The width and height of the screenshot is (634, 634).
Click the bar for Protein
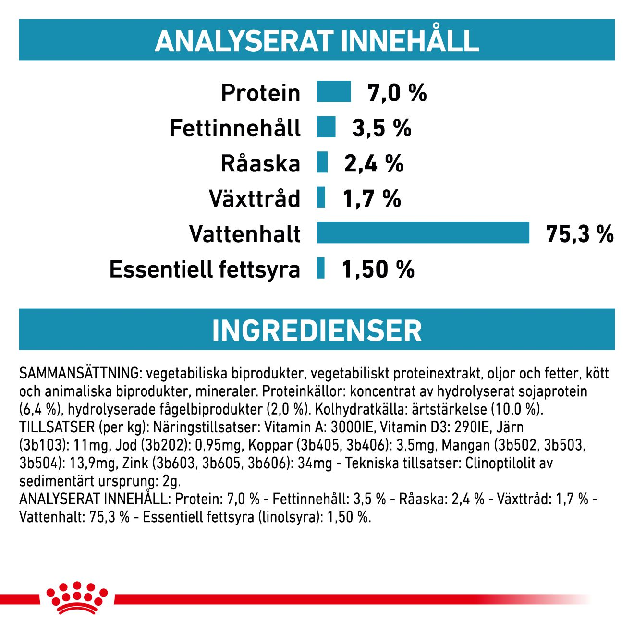pyautogui.click(x=334, y=92)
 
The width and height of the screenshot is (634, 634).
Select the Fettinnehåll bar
pyautogui.click(x=326, y=127)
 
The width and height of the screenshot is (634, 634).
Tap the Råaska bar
pyautogui.click(x=322, y=162)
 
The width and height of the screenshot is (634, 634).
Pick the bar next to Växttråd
pyautogui.click(x=321, y=198)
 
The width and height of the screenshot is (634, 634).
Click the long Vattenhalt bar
pyautogui.click(x=423, y=233)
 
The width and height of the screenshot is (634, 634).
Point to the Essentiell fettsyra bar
pyautogui.click(x=321, y=268)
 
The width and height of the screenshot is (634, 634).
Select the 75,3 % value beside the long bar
pyautogui.click(x=580, y=234)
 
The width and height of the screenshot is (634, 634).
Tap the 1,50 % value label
pyautogui.click(x=378, y=269)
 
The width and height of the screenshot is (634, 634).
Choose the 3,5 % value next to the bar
pyautogui.click(x=382, y=128)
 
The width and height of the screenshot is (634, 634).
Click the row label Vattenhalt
pyautogui.click(x=245, y=234)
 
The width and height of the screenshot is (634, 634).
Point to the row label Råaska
pyautogui.click(x=260, y=163)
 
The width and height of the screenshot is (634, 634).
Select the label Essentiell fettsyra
pyautogui.click(x=205, y=269)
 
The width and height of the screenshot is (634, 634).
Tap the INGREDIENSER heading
pyautogui.click(x=317, y=330)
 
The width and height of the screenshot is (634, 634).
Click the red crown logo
pyautogui.click(x=77, y=598)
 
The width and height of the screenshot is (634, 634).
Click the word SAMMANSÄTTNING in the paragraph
pyautogui.click(x=80, y=373)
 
